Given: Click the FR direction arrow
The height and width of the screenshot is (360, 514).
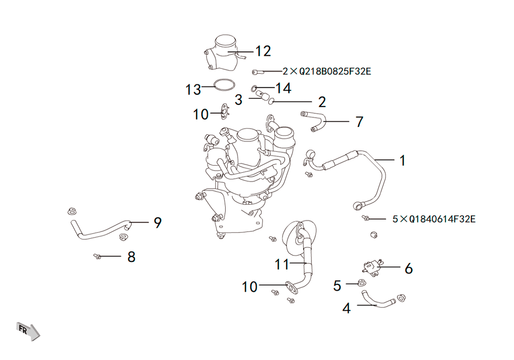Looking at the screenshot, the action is pos(28,331).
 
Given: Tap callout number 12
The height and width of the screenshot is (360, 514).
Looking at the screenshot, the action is pos(263,51).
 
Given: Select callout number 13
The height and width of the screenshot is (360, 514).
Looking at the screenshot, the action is pos(193,89).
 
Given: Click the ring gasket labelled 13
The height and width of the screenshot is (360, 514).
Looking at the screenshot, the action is pos(225,84).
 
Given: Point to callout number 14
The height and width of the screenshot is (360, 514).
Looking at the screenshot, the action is pos(283,88).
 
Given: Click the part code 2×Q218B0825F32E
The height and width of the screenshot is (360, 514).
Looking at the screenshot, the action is pos(327,71).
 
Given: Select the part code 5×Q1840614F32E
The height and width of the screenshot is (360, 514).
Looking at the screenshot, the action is pos(434,219).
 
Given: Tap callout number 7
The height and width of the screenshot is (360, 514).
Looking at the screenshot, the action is pos(360,122).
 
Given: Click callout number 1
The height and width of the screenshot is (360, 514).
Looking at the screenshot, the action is pos(402,160).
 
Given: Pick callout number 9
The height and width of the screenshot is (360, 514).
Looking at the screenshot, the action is pos(158,223).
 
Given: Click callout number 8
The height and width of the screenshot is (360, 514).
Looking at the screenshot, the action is pos(132,257).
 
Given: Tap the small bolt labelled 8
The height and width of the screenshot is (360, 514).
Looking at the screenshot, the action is pos(97,256).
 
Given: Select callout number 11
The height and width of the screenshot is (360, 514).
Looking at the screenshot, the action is pos(282,264).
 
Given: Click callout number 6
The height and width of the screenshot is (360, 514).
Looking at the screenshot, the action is pos(409,268).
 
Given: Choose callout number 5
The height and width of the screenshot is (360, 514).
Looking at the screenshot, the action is pos(337,286).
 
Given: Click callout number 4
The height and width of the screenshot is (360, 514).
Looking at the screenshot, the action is pos(346,308).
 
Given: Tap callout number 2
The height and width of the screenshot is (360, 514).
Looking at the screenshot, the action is pos(322,102).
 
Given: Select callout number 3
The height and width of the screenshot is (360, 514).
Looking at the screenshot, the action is pos(238,100).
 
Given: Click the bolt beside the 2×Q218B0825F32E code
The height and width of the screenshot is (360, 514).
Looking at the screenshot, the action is pos(258,72).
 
